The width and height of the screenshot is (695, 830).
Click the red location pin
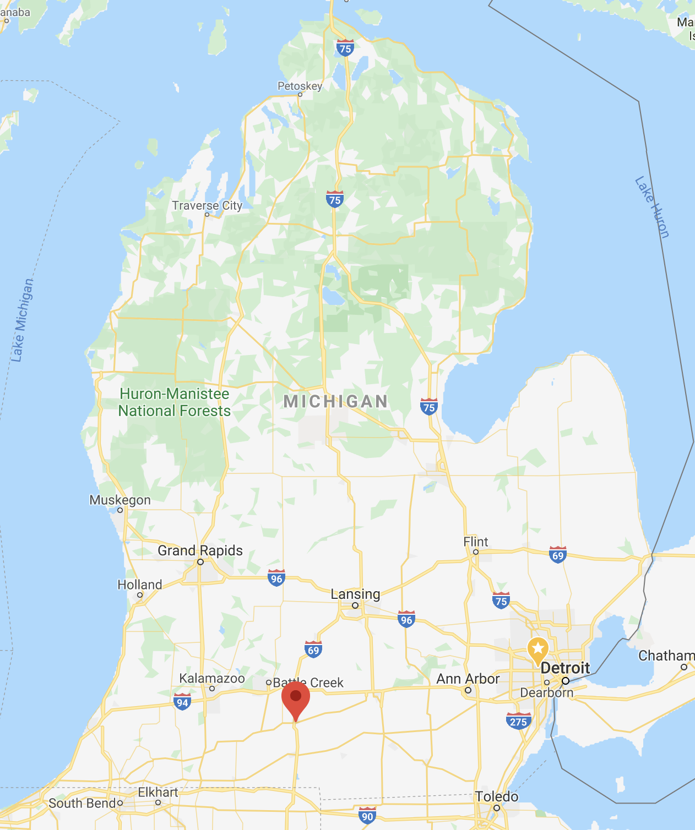(x=296, y=698)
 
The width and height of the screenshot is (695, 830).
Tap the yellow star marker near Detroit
(x=538, y=649)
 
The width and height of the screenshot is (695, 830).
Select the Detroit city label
(x=565, y=668)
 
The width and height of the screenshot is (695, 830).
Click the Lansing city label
(x=355, y=594)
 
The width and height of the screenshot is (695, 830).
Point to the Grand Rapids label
(x=200, y=550)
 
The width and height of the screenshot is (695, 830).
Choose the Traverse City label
(x=207, y=206)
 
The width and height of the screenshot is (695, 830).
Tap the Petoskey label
(x=300, y=86)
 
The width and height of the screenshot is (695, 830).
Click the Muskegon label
(x=120, y=500)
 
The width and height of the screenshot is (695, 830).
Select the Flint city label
(x=476, y=542)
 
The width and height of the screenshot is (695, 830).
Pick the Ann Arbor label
(x=468, y=679)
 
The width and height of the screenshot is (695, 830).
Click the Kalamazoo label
(x=212, y=679)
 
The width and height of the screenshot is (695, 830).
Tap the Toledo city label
(x=497, y=797)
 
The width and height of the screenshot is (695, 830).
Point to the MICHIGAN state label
(x=336, y=401)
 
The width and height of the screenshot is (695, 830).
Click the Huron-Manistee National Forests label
(x=175, y=402)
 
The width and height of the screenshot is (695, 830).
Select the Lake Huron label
(x=653, y=207)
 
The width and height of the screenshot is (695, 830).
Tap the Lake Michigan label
(x=22, y=320)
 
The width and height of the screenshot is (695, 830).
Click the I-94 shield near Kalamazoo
(x=182, y=702)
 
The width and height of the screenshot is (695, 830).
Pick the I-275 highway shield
(x=518, y=721)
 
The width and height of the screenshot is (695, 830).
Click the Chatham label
(x=666, y=656)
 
